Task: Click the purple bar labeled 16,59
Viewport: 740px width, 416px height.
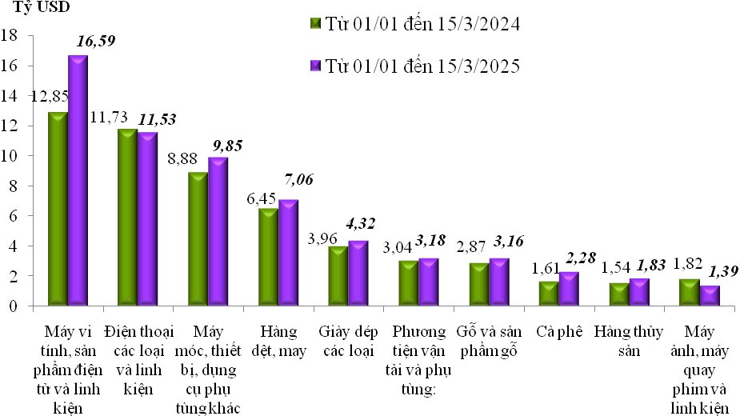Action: click(x=78, y=181)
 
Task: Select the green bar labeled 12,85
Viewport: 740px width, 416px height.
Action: click(x=58, y=209)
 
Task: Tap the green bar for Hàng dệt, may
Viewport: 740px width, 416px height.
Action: click(x=267, y=257)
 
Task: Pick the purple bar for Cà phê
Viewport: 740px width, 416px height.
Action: click(x=568, y=289)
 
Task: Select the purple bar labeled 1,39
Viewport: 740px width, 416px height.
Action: click(x=708, y=295)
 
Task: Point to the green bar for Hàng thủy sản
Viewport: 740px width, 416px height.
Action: click(x=618, y=294)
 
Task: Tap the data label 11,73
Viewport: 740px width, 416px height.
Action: click(x=110, y=118)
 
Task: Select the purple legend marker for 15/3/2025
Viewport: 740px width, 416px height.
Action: click(x=314, y=66)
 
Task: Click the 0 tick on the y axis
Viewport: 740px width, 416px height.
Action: click(x=14, y=306)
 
